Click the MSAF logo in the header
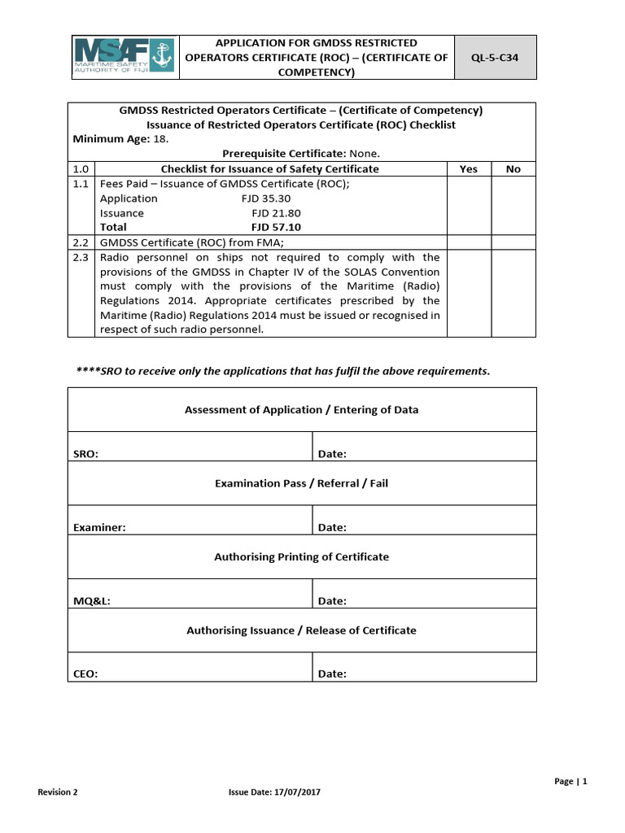(x=125, y=56)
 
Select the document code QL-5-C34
(x=495, y=57)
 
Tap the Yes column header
(x=468, y=169)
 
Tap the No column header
(x=513, y=169)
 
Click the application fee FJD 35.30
(x=266, y=198)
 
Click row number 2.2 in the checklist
(x=81, y=242)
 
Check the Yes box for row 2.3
(x=468, y=293)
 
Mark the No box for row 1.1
(x=513, y=206)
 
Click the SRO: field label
(x=86, y=454)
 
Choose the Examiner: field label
(x=99, y=527)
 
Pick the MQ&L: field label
(x=92, y=601)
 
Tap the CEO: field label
(x=85, y=674)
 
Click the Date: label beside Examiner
(x=332, y=527)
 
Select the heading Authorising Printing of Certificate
(x=301, y=557)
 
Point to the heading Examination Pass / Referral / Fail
(x=301, y=483)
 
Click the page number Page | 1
(x=570, y=781)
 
